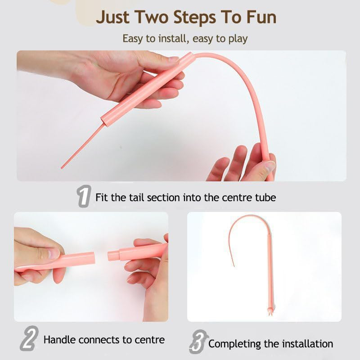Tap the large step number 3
[x=198, y=343]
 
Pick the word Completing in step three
[x=234, y=344]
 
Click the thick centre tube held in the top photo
[x=144, y=90]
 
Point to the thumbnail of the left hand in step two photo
[x=52, y=254]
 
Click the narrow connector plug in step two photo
[x=113, y=256]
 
